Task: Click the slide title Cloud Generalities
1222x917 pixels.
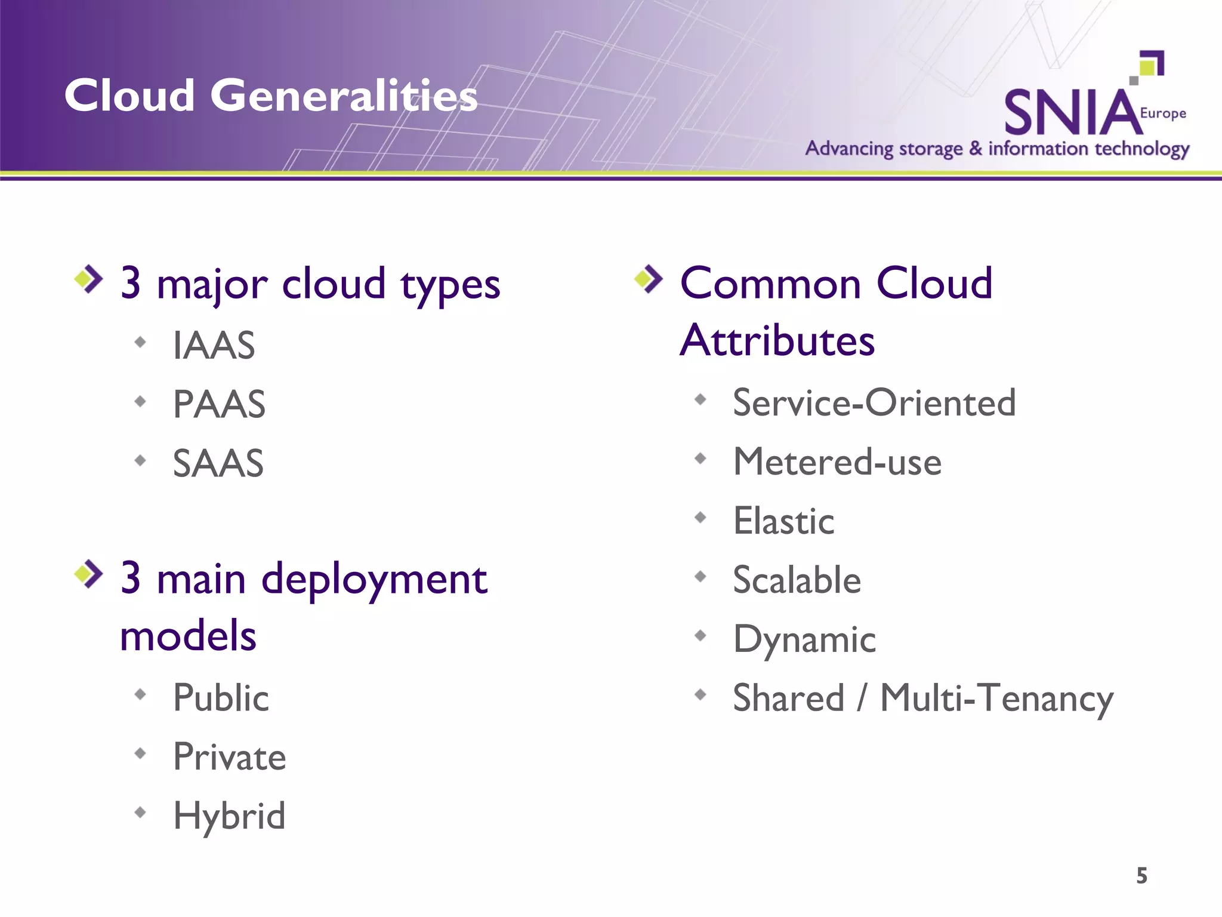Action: coord(271,96)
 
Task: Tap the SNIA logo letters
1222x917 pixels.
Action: coord(1071,113)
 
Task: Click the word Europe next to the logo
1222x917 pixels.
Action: coord(1162,113)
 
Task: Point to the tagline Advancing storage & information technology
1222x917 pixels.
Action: coord(997,149)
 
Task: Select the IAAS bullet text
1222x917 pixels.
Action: coord(214,346)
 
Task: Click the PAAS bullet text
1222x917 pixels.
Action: coord(219,405)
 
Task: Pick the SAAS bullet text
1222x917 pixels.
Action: coord(218,463)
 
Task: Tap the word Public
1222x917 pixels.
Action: coord(221,698)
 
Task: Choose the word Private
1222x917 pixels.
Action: coord(229,757)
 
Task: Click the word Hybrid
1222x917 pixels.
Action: coord(229,816)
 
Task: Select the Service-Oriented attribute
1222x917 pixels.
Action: coord(874,403)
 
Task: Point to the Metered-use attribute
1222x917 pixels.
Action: coord(837,462)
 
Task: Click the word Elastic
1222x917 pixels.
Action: coord(783,521)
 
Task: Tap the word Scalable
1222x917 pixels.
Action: coord(797,580)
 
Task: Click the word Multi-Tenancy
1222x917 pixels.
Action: coord(996,698)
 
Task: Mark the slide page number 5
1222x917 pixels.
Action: coord(1141,876)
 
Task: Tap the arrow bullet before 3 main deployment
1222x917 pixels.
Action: coord(89,574)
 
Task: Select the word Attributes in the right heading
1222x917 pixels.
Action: coord(777,341)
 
